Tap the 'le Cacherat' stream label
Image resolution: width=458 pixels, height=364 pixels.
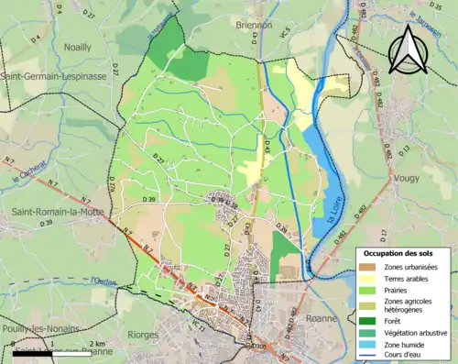pyautogui.click(x=30, y=174)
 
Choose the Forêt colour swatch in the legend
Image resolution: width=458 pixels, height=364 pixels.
pyautogui.click(x=372, y=320)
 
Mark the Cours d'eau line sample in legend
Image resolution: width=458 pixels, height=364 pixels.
pyautogui.click(x=372, y=358)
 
